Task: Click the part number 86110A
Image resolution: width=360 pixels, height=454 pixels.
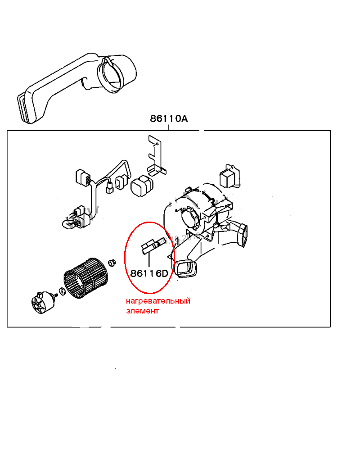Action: pos(169,118)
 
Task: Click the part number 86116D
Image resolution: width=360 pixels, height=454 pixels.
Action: pos(149,273)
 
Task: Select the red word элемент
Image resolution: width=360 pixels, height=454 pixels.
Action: pos(142,311)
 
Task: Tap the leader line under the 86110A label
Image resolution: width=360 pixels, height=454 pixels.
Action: pos(169,127)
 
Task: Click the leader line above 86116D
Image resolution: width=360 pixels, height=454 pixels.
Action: pos(149,260)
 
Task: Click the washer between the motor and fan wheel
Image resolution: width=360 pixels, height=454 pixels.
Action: pos(63,291)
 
